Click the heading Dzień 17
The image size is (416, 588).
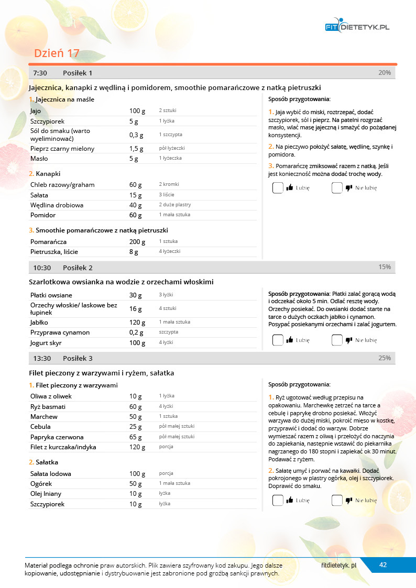(57, 53)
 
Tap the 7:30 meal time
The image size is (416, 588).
(40, 73)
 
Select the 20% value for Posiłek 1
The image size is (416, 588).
(385, 73)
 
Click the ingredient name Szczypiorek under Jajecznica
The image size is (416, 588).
(47, 121)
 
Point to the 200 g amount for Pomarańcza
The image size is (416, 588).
(137, 242)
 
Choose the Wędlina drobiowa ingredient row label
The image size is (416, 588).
(57, 205)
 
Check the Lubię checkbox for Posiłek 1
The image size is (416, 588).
(278, 188)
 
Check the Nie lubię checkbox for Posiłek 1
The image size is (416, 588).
(337, 188)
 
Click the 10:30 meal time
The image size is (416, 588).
(42, 268)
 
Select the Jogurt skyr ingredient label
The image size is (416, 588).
(47, 343)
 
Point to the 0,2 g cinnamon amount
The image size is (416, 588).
(136, 332)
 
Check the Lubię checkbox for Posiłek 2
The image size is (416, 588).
(278, 340)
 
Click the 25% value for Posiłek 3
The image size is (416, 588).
(385, 358)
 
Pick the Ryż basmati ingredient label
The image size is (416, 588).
(48, 407)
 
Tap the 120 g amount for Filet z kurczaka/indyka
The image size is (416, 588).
(137, 447)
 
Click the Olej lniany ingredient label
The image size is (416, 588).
(46, 494)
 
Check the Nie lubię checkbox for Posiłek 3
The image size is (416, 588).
(337, 501)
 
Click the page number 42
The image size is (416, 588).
(383, 565)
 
